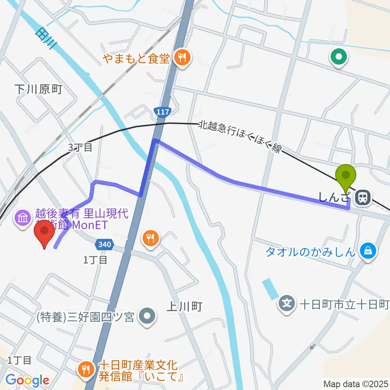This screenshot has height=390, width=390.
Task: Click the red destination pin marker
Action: pyautogui.click(x=45, y=234)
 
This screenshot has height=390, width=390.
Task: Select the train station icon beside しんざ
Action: pyautogui.click(x=362, y=198)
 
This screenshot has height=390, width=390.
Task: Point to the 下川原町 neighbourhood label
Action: pyautogui.click(x=38, y=90)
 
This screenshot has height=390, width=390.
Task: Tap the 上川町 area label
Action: pyautogui.click(x=184, y=306)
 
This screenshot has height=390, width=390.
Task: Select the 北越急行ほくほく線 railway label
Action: pyautogui.click(x=240, y=137)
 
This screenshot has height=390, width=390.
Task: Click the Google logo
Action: pyautogui.click(x=28, y=380)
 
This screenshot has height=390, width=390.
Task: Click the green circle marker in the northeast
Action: pyautogui.click(x=338, y=57)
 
